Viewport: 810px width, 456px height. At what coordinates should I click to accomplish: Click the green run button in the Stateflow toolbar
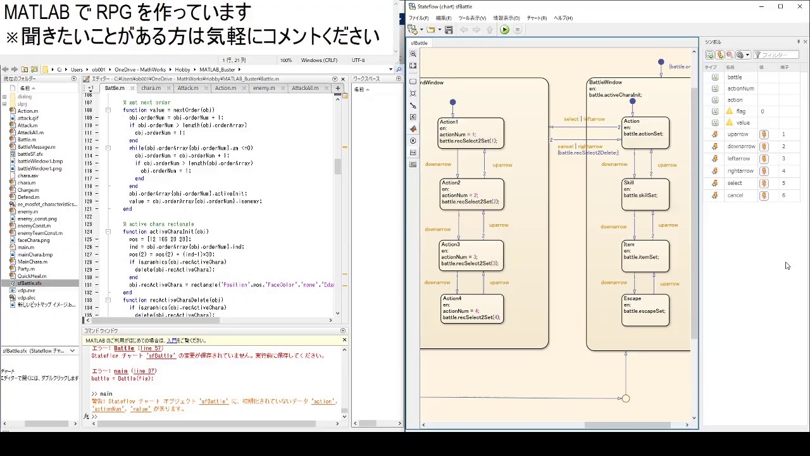point(504,30)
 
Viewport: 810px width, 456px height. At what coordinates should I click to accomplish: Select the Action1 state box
point(471,133)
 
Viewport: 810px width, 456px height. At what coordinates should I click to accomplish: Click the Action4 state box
point(471,308)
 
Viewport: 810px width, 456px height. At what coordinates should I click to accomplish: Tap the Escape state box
point(645,310)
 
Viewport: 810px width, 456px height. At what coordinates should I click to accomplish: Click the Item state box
point(645,256)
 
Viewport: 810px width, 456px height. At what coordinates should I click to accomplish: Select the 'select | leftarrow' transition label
point(584,119)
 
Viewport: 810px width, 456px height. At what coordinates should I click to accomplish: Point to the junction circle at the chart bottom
point(626,398)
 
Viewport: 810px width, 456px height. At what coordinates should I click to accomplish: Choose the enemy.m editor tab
point(264,88)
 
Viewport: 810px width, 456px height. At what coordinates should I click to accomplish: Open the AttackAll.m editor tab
point(305,88)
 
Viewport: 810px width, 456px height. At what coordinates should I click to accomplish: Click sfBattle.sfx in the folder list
point(30,283)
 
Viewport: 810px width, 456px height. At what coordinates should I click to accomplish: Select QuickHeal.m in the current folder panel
point(32,276)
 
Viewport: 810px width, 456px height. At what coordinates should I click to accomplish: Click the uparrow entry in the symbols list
point(738,134)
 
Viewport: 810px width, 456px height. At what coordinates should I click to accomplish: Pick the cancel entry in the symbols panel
point(735,195)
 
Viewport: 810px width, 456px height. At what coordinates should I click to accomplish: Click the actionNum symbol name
point(740,89)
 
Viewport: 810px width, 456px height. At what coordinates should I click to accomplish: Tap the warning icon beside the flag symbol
point(729,111)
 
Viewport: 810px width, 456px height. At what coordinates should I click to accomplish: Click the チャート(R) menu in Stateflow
point(537,18)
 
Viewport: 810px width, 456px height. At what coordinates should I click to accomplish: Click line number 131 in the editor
point(89,285)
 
